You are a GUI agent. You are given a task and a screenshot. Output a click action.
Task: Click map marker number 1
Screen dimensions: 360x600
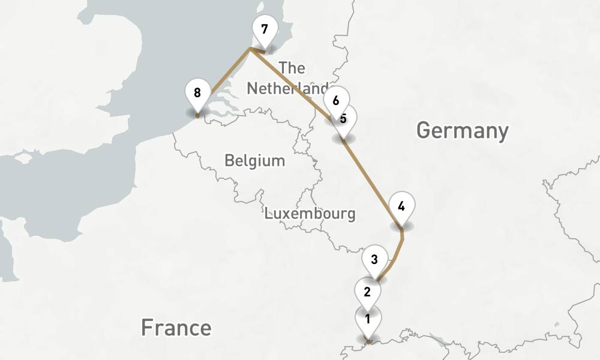pos(367,319)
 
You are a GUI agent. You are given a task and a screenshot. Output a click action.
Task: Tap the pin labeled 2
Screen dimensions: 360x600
pos(367,292)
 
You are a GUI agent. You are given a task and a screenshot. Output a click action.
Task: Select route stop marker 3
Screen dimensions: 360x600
pos(374,260)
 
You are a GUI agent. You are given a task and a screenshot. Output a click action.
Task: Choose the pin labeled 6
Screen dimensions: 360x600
pos(335,100)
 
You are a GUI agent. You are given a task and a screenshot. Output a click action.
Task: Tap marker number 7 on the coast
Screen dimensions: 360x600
pos(264,29)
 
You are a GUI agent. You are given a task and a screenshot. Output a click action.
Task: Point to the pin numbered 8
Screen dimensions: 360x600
pos(197,92)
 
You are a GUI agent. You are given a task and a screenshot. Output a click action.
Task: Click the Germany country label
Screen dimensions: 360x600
pos(462,130)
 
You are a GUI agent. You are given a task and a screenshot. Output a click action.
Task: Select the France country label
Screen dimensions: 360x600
pos(176,328)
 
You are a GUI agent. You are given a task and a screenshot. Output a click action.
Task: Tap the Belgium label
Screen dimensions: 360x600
pos(254,161)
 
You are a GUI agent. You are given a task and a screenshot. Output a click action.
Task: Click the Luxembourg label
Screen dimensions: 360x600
pos(310,214)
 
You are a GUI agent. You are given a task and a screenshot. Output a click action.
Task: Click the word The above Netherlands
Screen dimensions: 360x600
pos(292,68)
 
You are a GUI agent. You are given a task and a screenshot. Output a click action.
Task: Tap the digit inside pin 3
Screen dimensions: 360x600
pos(374,260)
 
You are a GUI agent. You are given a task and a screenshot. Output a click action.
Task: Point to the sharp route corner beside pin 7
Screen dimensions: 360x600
pos(250,50)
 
